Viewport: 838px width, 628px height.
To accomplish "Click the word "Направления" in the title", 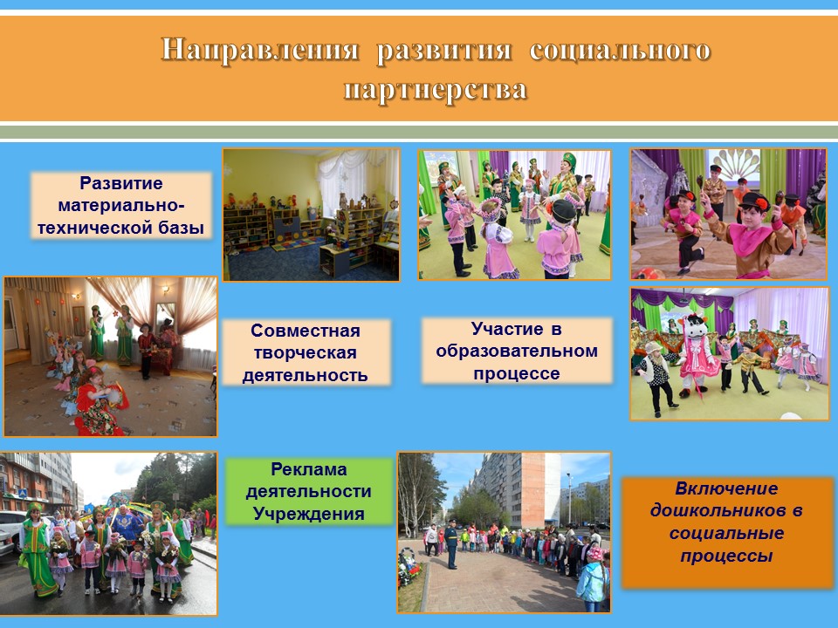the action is point(260,50).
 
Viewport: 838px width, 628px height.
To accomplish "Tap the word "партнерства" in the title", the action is point(436,89).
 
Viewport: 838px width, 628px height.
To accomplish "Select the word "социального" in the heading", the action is point(620,50).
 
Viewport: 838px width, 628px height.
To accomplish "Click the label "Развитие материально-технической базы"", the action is point(121,206).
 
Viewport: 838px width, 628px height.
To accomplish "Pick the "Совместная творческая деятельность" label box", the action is point(306,352).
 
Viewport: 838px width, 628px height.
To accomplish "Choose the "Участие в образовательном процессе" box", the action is point(516,351).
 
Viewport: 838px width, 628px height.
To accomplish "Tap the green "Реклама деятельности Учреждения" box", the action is point(309,491).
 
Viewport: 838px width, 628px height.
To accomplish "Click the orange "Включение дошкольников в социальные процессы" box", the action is point(727,532).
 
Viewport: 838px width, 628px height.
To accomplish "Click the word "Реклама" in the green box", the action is point(309,469).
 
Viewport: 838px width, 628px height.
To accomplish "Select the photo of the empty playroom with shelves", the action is point(311,215).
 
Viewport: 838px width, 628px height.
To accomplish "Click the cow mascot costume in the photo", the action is point(698,356).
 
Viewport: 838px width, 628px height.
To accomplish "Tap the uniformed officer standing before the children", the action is point(451,543).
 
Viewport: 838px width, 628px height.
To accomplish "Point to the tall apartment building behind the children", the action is point(513,489).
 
